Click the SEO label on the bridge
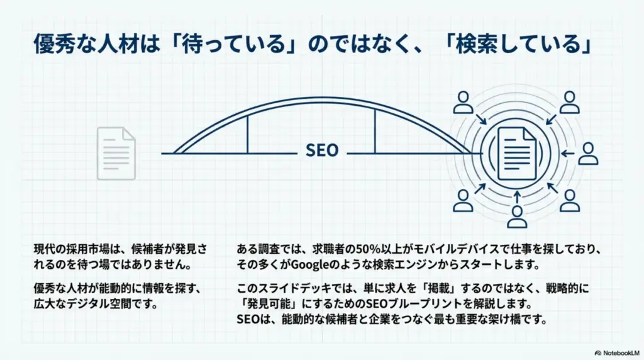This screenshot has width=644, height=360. [x=322, y=151]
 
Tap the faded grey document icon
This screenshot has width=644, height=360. [x=116, y=153]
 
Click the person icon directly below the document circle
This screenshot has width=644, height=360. [x=517, y=216]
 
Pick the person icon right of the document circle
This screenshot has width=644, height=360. [x=588, y=153]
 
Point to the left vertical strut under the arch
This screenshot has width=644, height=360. [x=247, y=133]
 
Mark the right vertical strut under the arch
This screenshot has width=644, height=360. [x=375, y=131]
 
